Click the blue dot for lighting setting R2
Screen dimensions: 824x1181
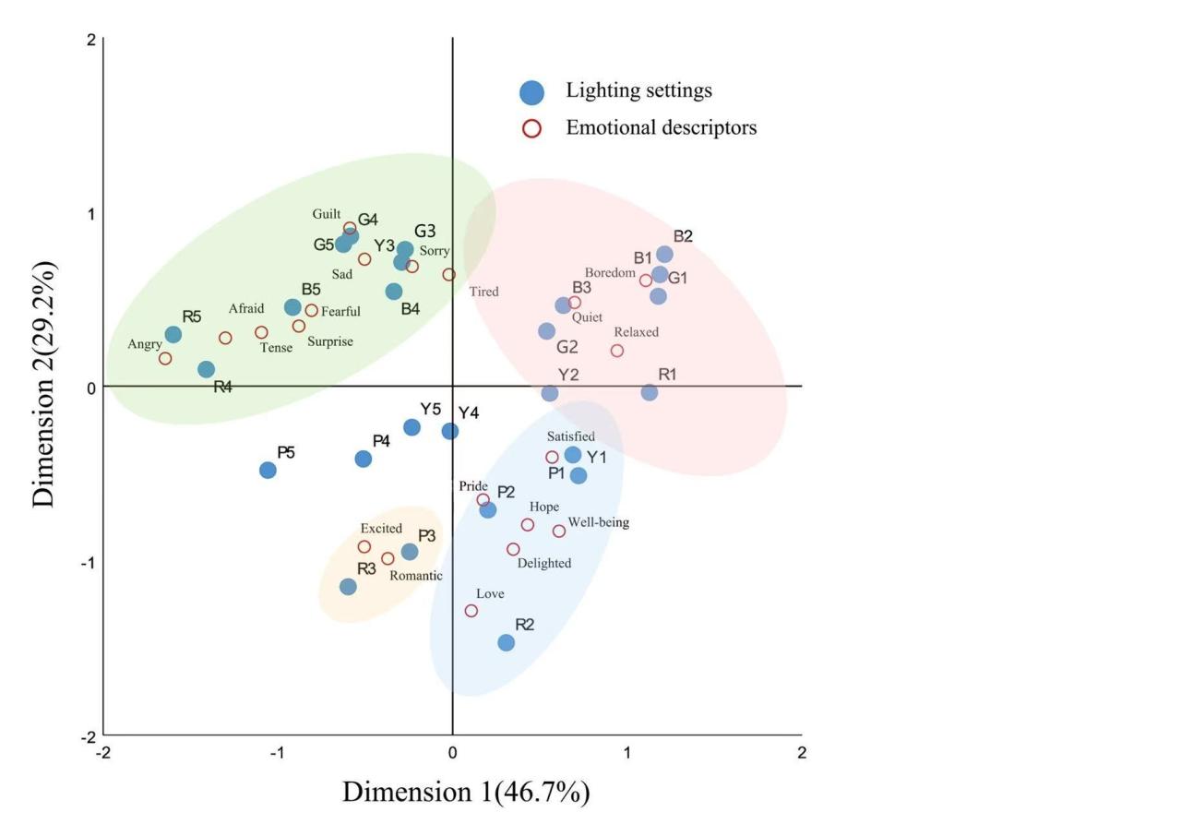(x=506, y=642)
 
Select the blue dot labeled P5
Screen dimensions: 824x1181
(x=268, y=470)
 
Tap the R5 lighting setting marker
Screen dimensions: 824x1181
(x=173, y=334)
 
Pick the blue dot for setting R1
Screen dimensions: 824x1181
(x=650, y=392)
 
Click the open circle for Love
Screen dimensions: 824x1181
(x=471, y=611)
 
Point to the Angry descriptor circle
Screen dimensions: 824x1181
(x=165, y=358)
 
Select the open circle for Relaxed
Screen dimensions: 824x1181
(x=617, y=351)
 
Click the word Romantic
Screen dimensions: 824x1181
(x=415, y=576)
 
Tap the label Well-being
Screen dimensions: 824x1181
(x=599, y=522)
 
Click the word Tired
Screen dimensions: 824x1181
(x=483, y=292)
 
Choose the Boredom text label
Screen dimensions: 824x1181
(x=610, y=273)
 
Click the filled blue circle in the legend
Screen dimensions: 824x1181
(x=531, y=91)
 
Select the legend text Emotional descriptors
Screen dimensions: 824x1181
(x=662, y=127)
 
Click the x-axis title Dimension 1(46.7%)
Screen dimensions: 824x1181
(x=466, y=792)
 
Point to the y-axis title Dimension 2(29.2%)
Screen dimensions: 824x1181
(x=44, y=384)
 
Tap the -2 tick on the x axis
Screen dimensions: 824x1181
(x=103, y=753)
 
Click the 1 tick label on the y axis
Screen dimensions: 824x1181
(x=91, y=213)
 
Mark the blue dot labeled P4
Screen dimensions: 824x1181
(x=364, y=459)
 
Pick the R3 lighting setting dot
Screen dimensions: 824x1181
(x=348, y=587)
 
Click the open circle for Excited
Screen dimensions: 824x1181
(x=364, y=546)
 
